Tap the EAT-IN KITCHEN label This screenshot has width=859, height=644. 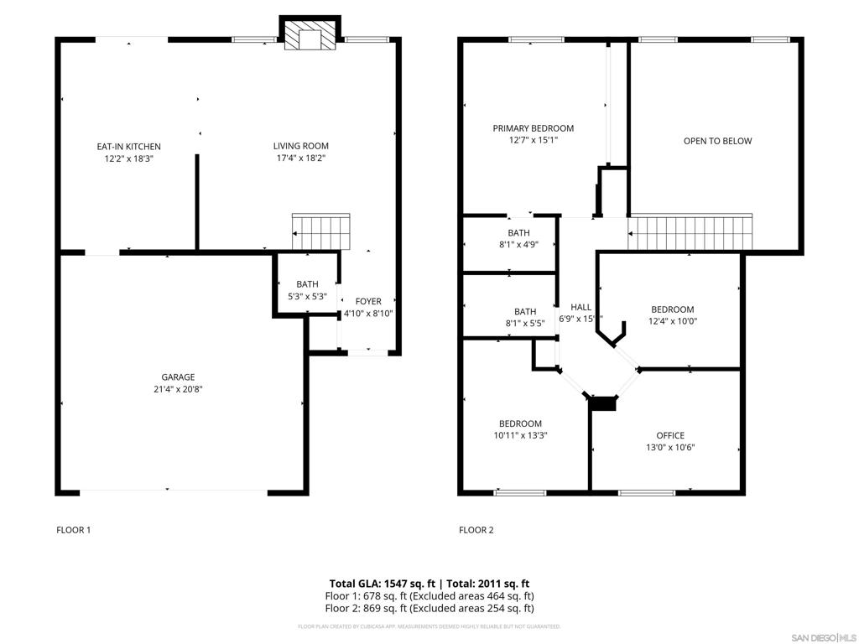[x=128, y=147]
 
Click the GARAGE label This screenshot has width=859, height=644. [x=178, y=377]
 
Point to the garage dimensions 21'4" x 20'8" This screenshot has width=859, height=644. [x=178, y=389]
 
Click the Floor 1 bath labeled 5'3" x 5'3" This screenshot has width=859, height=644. [x=306, y=290]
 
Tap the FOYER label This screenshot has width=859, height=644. [x=368, y=302]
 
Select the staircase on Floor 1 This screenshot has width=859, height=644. [x=320, y=231]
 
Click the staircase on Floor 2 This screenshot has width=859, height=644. [x=690, y=232]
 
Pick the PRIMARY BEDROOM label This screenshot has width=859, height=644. [x=533, y=128]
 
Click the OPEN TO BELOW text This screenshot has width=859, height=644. [x=717, y=141]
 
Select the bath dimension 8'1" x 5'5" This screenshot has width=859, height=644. [x=525, y=323]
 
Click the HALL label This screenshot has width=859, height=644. [x=580, y=308]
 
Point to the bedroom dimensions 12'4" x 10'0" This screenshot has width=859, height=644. [x=672, y=321]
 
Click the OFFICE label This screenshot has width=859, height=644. [x=669, y=435]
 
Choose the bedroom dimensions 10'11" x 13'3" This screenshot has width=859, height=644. [x=520, y=435]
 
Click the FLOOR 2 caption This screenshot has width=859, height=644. [x=476, y=530]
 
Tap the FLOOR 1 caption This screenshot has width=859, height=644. [x=73, y=530]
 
